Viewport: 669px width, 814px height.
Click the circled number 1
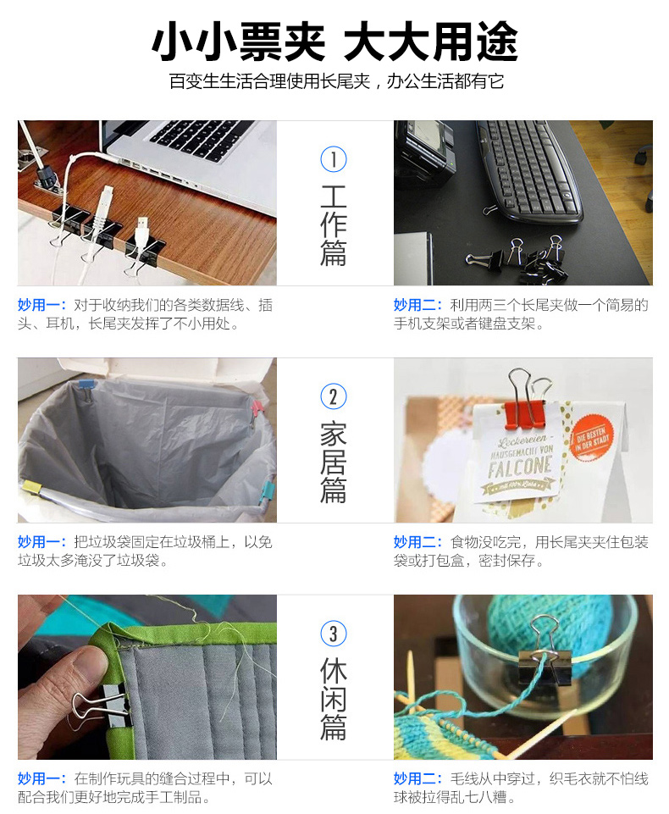pyautogui.click(x=333, y=159)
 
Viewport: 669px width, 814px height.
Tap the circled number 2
pyautogui.click(x=333, y=396)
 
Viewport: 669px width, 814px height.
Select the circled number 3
pyautogui.click(x=333, y=634)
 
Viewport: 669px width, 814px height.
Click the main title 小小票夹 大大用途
pyautogui.click(x=334, y=42)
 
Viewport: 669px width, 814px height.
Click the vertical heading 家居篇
pyautogui.click(x=333, y=462)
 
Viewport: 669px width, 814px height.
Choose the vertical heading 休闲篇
pyautogui.click(x=333, y=700)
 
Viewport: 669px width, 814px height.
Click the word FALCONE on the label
pyautogui.click(x=519, y=466)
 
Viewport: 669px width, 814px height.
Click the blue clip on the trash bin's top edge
pyautogui.click(x=86, y=385)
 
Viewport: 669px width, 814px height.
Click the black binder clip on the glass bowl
pyautogui.click(x=545, y=662)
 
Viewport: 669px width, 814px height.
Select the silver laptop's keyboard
pyautogui.click(x=202, y=139)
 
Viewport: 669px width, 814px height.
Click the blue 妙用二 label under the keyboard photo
pyautogui.click(x=417, y=305)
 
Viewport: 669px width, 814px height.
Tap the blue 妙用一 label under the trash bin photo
pyautogui.click(x=41, y=541)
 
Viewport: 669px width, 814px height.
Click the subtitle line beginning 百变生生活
pyautogui.click(x=336, y=81)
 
